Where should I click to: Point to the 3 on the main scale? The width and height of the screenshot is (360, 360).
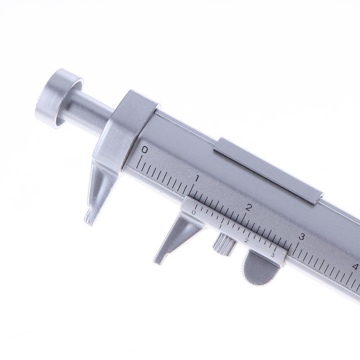[x=301, y=237]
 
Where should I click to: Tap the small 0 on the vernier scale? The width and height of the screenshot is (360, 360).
[x=194, y=213]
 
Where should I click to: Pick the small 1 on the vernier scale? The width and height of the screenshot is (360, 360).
[x=220, y=226]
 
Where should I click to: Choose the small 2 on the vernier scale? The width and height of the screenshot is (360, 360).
[x=246, y=241]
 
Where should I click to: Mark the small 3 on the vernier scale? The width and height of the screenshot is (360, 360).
[x=273, y=255]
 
